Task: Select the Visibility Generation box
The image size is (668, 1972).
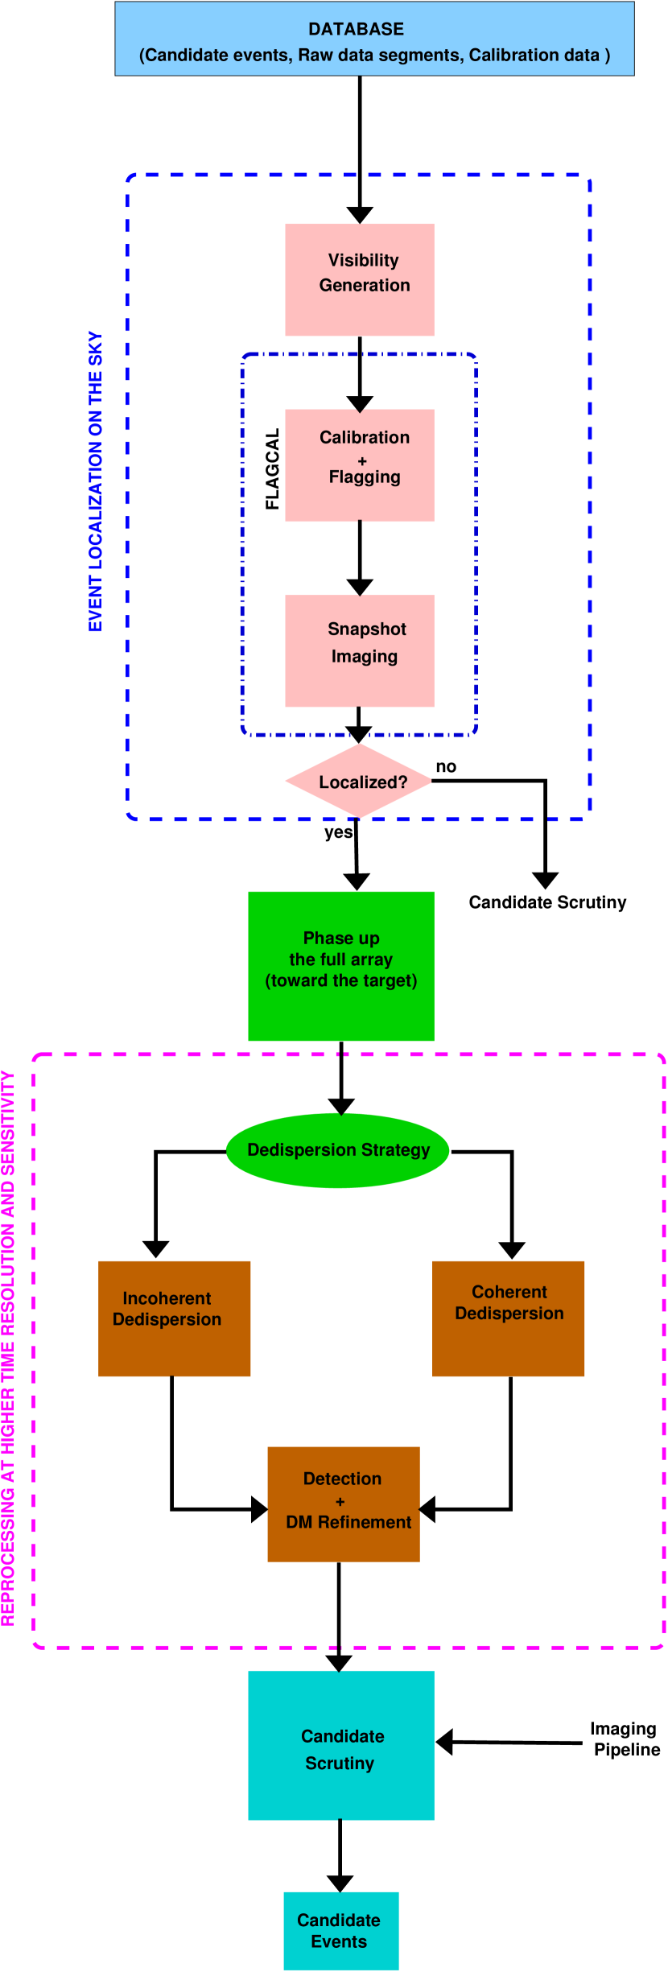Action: (x=359, y=279)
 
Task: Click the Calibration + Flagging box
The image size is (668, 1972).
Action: (x=359, y=465)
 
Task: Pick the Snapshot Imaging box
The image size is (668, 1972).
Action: (x=359, y=650)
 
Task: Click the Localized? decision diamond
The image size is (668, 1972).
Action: (x=359, y=781)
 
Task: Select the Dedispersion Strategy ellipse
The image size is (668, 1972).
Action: (x=337, y=1149)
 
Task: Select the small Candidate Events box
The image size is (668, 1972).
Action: (x=340, y=1930)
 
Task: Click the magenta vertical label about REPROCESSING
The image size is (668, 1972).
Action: (x=8, y=1347)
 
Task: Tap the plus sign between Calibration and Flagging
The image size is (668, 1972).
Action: (x=362, y=461)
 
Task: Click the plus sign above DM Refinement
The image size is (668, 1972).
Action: (x=340, y=1501)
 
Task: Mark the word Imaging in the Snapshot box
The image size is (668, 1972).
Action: (x=364, y=657)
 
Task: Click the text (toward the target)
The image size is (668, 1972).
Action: (x=341, y=980)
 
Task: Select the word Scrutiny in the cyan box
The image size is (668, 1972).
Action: (x=340, y=1763)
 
